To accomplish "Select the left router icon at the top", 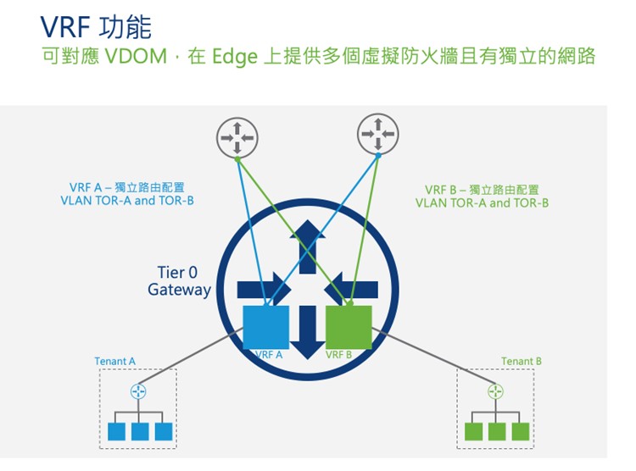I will pyautogui.click(x=237, y=136).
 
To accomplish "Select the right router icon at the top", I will pyautogui.click(x=378, y=133).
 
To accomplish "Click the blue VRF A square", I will pyautogui.click(x=265, y=327).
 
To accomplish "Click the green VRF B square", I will pyautogui.click(x=349, y=327).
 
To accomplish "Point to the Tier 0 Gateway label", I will pyautogui.click(x=179, y=281).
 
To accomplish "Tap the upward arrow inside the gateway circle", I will pyautogui.click(x=306, y=241).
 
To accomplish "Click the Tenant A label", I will pyautogui.click(x=115, y=362).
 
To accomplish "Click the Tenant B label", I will pyautogui.click(x=522, y=362).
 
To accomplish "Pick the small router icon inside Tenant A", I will pyautogui.click(x=139, y=391).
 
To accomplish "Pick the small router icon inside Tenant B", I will pyautogui.click(x=496, y=391).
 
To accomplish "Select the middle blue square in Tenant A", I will pyautogui.click(x=140, y=431).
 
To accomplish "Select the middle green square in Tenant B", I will pyautogui.click(x=497, y=431).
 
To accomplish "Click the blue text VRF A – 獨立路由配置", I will pyautogui.click(x=127, y=187).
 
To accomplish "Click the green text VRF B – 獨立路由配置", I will pyautogui.click(x=482, y=190).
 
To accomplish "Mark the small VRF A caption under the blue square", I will pyautogui.click(x=268, y=355).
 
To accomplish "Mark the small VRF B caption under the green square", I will pyautogui.click(x=338, y=355).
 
